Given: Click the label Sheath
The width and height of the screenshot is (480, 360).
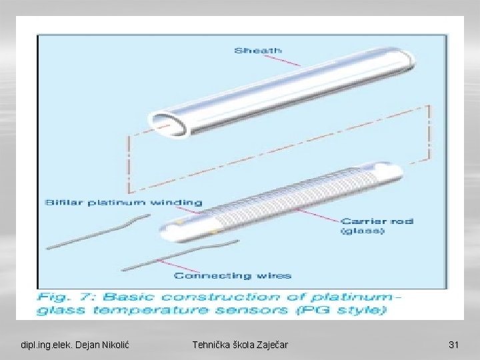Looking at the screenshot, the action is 257,50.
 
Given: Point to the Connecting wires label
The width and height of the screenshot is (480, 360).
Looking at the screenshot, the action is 232,275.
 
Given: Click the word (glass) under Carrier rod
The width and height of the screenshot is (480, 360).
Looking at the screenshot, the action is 362,231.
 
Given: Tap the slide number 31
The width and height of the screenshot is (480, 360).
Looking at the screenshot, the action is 454,345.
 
